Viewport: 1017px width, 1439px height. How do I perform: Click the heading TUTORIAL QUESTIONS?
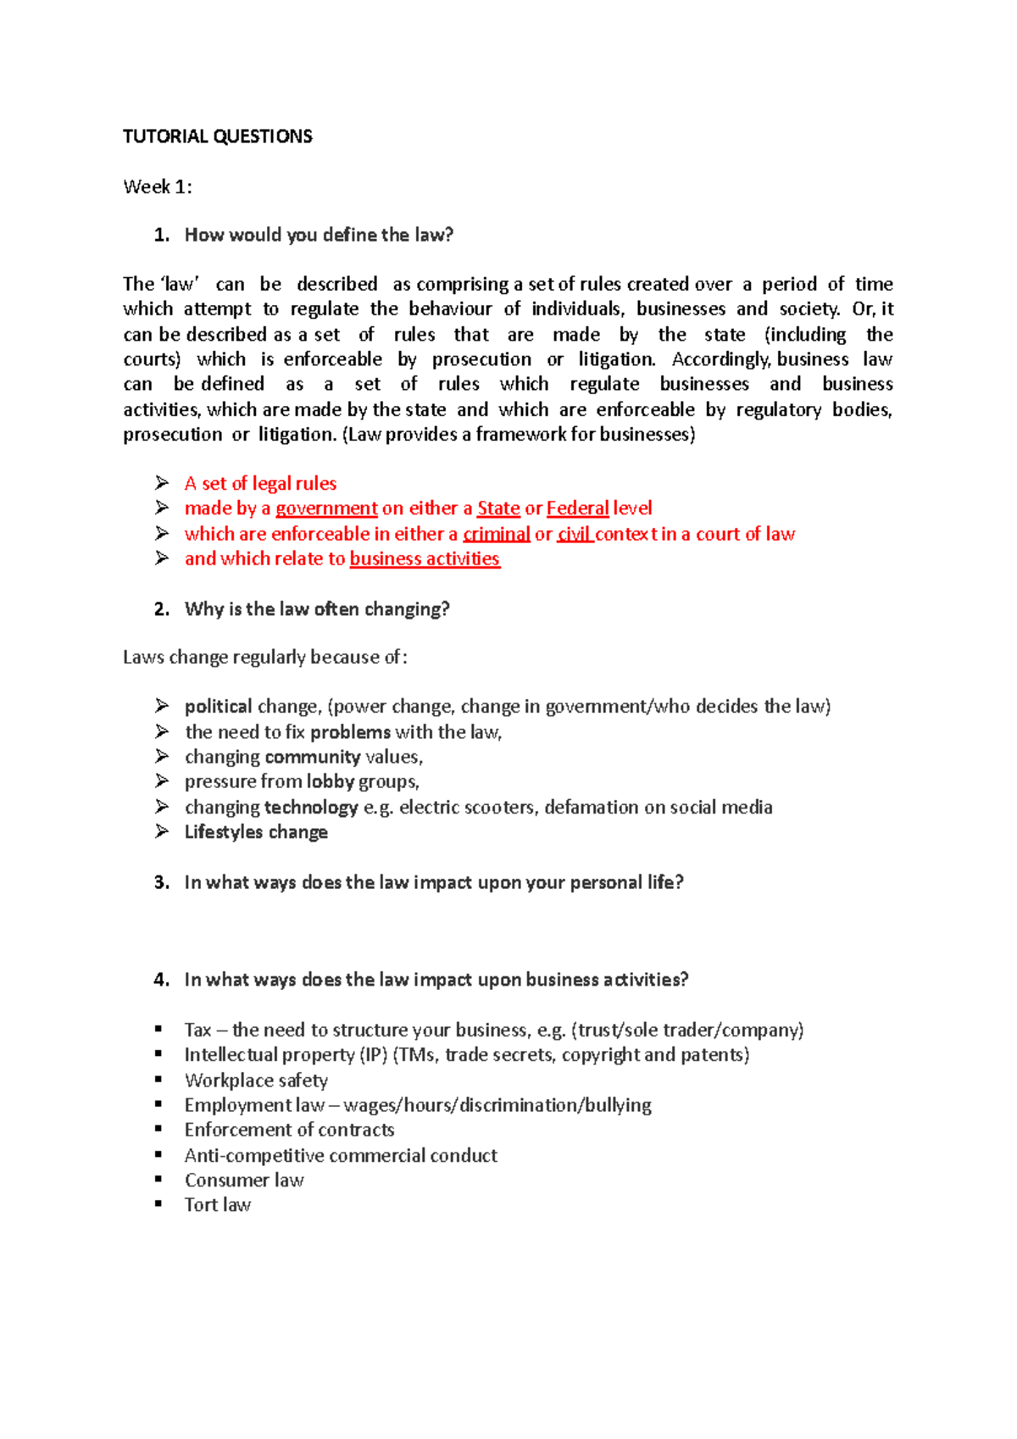(217, 136)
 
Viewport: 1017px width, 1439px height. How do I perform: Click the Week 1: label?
(158, 186)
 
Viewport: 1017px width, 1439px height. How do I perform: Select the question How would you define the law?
(319, 235)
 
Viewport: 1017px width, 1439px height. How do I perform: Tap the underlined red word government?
(326, 508)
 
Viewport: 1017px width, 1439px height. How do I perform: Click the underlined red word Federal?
(577, 508)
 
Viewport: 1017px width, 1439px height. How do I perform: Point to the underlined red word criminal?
(496, 534)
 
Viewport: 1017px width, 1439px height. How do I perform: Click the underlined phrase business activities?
(425, 558)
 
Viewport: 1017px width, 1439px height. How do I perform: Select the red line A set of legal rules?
(260, 483)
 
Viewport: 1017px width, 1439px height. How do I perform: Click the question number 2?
(161, 608)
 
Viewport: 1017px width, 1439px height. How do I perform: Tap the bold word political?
(218, 706)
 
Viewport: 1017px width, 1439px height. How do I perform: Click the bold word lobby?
(330, 781)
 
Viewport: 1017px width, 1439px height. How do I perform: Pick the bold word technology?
(311, 807)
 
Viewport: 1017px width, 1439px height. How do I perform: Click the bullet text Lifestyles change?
(256, 832)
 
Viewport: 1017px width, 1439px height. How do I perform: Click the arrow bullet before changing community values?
(162, 756)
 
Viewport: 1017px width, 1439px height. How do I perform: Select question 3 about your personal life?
(433, 882)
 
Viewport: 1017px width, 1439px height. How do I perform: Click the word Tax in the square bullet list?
(197, 1030)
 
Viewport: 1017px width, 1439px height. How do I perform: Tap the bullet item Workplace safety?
(256, 1081)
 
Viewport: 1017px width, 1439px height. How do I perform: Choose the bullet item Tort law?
(218, 1205)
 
